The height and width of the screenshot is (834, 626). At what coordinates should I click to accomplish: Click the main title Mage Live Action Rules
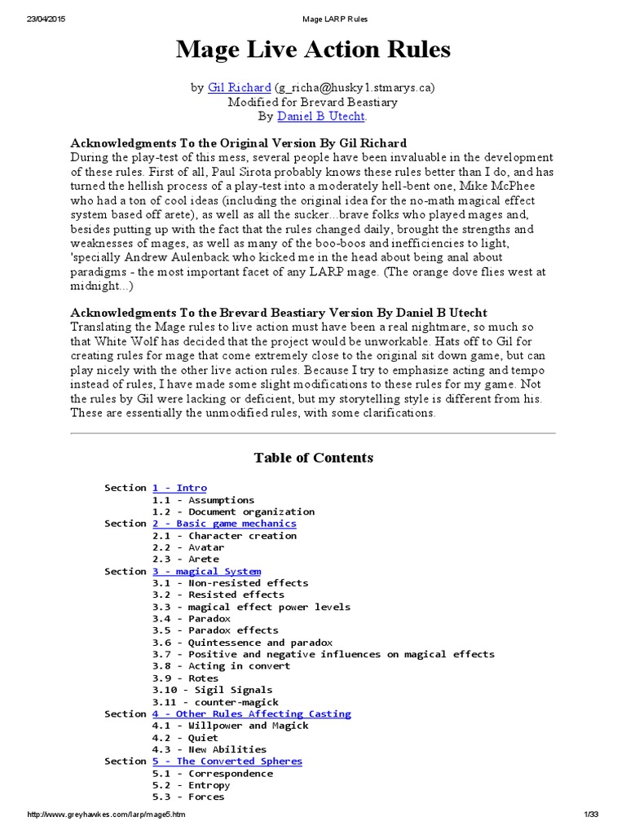pos(313,50)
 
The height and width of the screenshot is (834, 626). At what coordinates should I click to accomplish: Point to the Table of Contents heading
pos(313,458)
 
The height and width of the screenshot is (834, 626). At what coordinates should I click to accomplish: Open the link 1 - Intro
pos(179,488)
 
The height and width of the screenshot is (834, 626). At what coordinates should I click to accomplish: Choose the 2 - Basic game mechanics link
pos(224,524)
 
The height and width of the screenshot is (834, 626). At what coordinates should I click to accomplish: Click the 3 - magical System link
pos(206,572)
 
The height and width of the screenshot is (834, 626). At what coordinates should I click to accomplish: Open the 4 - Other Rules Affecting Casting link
pos(251,714)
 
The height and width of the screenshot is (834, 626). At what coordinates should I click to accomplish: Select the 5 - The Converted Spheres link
pos(227,762)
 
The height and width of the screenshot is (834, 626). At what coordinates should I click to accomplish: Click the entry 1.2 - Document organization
pos(233,511)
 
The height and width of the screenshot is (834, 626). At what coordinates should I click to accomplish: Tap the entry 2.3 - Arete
pos(185,560)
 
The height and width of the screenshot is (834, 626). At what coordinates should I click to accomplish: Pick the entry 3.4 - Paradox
pos(192,619)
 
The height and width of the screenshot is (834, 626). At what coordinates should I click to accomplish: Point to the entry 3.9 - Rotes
pos(185,678)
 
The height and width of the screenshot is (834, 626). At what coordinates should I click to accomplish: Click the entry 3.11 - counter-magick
pos(215,702)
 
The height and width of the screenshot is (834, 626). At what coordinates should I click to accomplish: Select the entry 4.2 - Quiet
pos(185,738)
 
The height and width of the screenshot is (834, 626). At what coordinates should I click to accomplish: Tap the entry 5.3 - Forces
pos(188,797)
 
